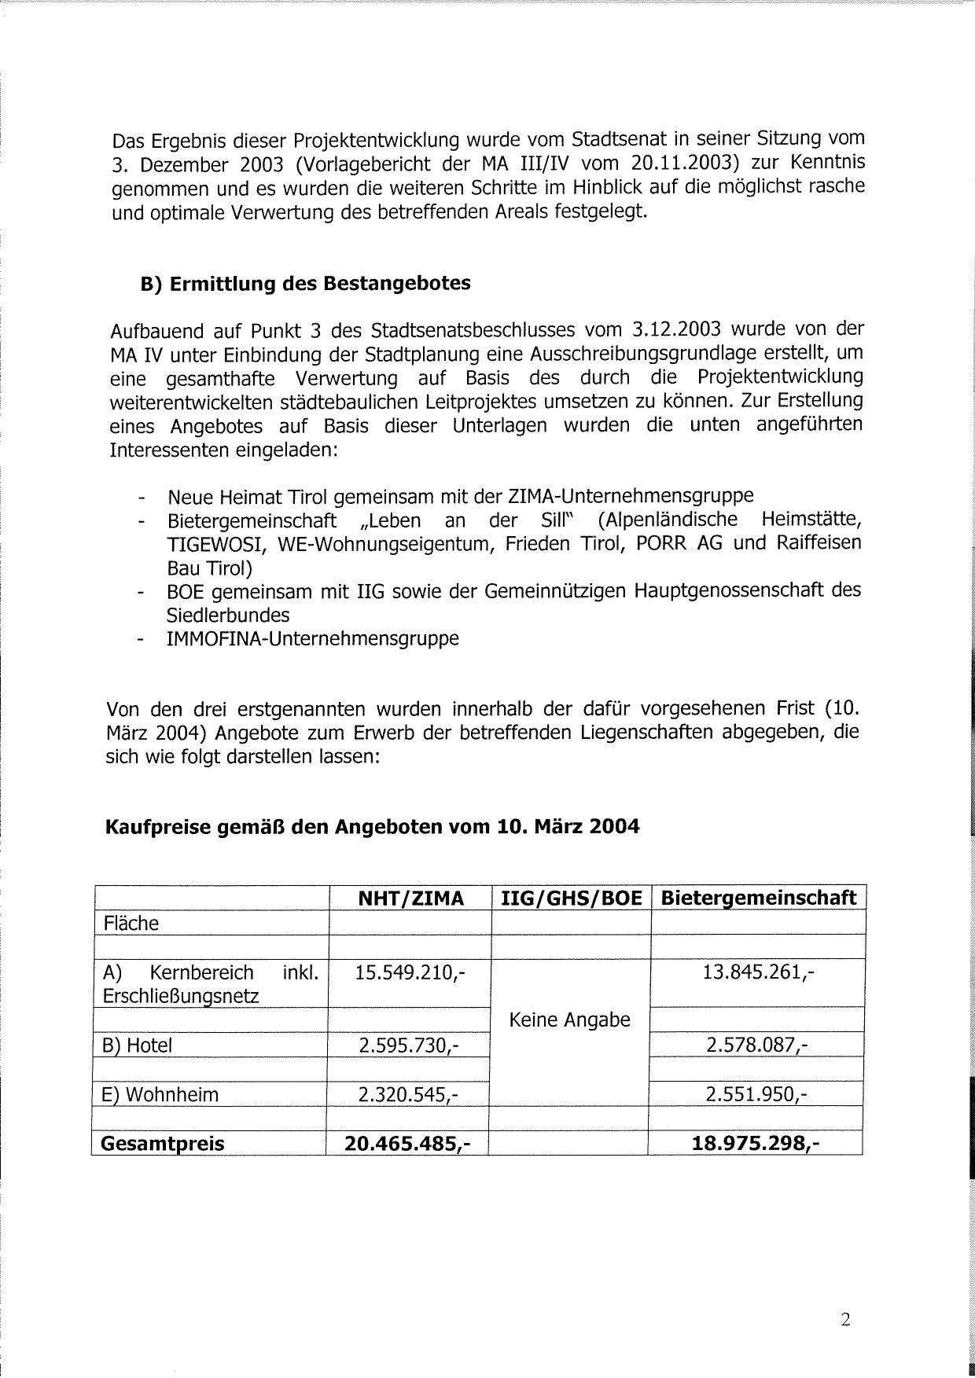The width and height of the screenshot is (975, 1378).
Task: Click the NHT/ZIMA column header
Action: tap(410, 898)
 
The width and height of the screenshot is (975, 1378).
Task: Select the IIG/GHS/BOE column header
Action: tap(571, 898)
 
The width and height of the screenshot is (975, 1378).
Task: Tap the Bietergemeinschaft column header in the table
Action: tap(758, 898)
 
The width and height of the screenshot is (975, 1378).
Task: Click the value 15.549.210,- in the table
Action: tap(410, 973)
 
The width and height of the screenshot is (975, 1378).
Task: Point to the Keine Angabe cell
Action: tap(570, 1020)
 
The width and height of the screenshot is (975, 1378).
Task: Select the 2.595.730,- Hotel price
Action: tap(408, 1045)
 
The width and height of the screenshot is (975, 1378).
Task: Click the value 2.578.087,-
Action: tap(757, 1045)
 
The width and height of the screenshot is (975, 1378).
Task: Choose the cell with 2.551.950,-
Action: tap(757, 1094)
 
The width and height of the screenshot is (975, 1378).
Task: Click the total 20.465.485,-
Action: tap(407, 1144)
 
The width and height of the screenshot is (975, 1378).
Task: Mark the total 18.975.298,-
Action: tap(756, 1143)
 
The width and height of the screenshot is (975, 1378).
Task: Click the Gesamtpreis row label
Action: tap(163, 1144)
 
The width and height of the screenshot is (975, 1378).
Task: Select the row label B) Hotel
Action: tap(138, 1045)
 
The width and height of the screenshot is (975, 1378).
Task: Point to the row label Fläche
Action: tap(131, 924)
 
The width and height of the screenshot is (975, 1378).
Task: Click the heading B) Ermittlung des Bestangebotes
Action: tap(305, 284)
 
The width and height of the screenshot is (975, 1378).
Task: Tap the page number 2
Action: tap(845, 1320)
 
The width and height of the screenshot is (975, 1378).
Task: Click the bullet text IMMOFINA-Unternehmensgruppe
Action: tap(313, 638)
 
